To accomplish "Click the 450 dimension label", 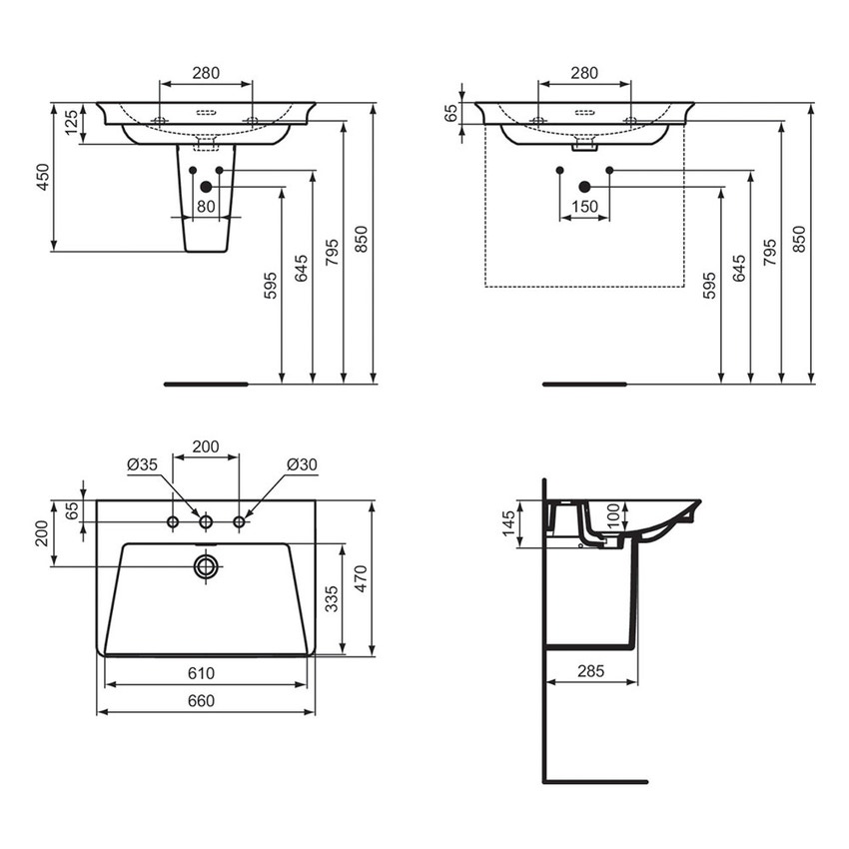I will [42, 177].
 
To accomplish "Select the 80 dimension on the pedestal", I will [206, 207].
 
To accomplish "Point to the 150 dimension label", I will [584, 207].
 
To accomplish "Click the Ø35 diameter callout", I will [143, 464].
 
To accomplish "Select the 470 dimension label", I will [363, 578].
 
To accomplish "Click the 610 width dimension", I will [205, 674].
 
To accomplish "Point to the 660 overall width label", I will [205, 701].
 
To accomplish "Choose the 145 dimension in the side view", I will [508, 522].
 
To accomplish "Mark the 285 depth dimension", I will [591, 672].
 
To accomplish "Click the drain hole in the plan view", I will [206, 567].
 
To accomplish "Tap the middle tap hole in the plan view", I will [206, 522].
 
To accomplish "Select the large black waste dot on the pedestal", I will [206, 187].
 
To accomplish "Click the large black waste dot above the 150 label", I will [584, 187].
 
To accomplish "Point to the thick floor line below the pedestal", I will [205, 383].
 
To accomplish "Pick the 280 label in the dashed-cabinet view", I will [584, 73].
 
